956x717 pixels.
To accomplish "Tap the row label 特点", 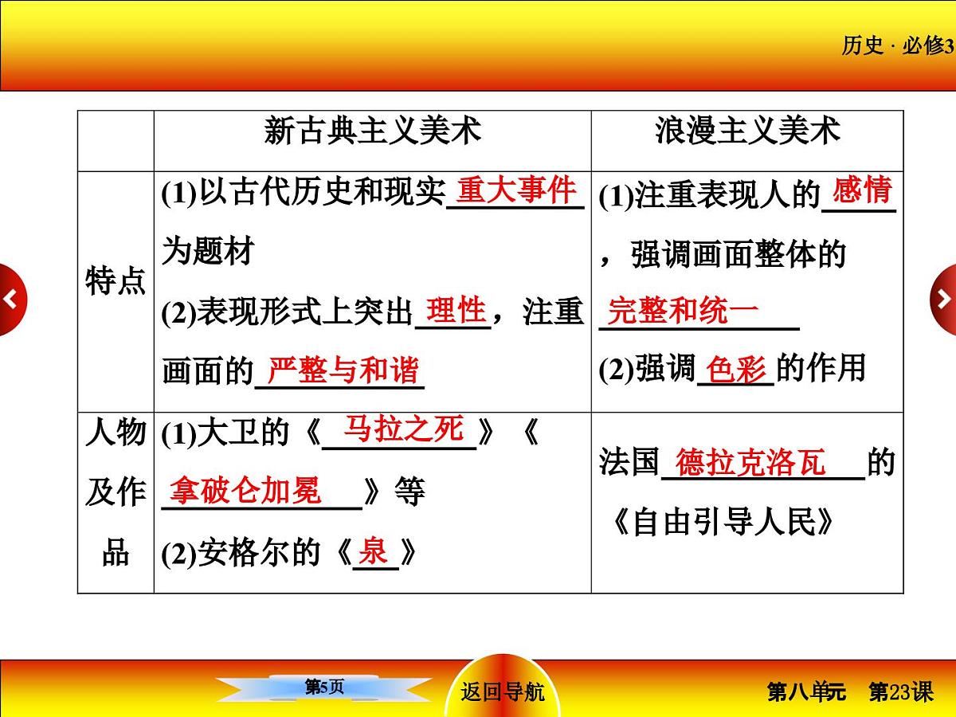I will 116,282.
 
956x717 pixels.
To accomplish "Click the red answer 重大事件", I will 515,190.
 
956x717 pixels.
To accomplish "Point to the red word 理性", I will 455,309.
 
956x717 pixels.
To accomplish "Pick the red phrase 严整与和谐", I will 342,370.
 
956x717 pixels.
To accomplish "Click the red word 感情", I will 861,191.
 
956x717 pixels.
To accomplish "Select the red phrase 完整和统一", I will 683,311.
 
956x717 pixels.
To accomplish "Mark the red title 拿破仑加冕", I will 245,491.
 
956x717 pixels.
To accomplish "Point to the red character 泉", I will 373,551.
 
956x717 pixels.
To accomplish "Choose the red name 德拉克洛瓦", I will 750,463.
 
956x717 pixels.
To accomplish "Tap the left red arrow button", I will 11,300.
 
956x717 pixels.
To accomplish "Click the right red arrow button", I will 944,300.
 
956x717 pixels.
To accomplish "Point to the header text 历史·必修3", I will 897,46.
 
